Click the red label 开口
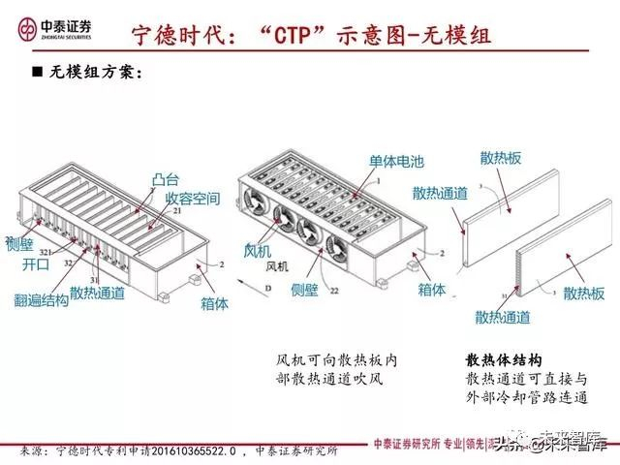34,263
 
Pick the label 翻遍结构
42,300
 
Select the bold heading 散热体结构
504,359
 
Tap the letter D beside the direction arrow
267,288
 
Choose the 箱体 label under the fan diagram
431,289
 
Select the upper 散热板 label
500,158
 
